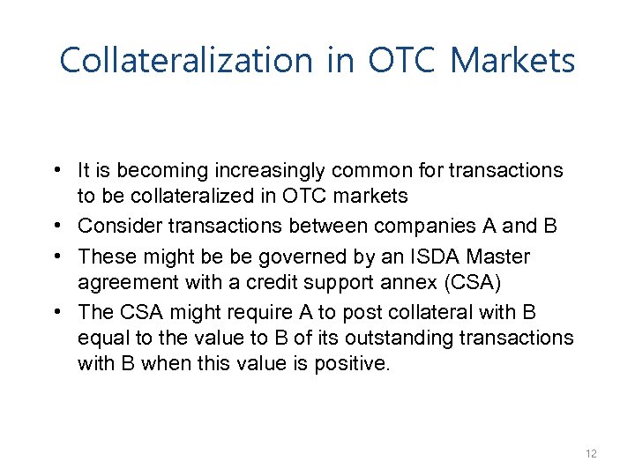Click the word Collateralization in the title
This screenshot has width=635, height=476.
click(186, 61)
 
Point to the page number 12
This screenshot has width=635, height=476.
click(591, 453)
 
